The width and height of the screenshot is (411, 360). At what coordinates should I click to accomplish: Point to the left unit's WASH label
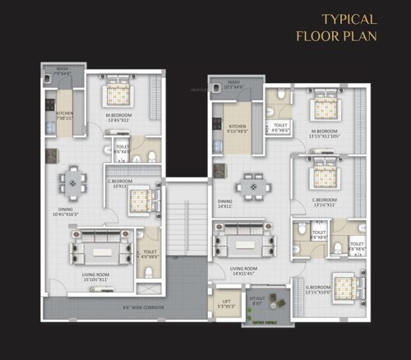tap(62, 71)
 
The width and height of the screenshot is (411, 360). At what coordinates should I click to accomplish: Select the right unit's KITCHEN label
tap(236, 127)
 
